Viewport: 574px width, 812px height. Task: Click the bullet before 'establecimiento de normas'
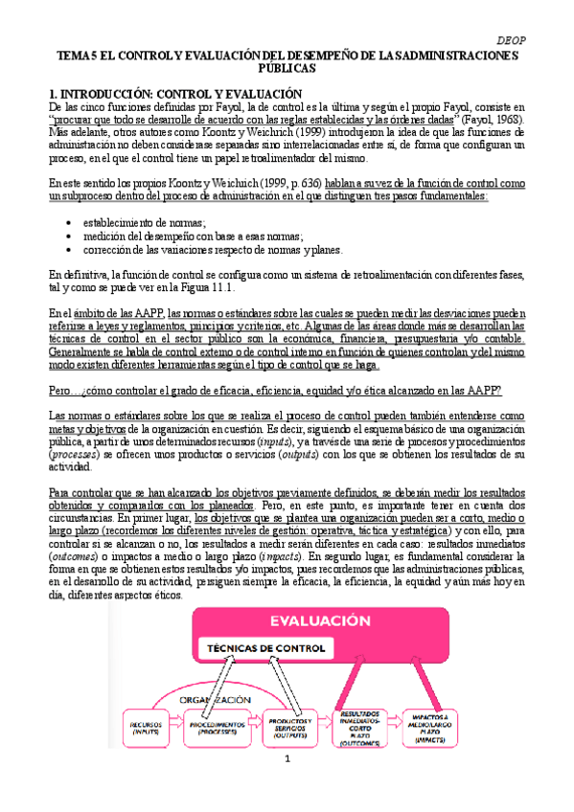click(x=72, y=221)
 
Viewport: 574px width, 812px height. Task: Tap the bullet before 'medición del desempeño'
click(x=72, y=236)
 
